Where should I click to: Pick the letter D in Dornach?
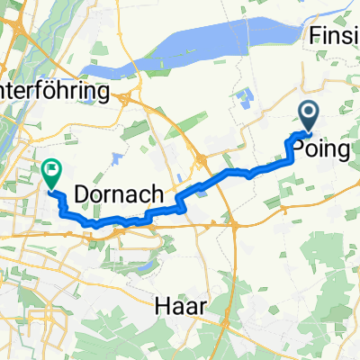pyautogui.click(x=83, y=193)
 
